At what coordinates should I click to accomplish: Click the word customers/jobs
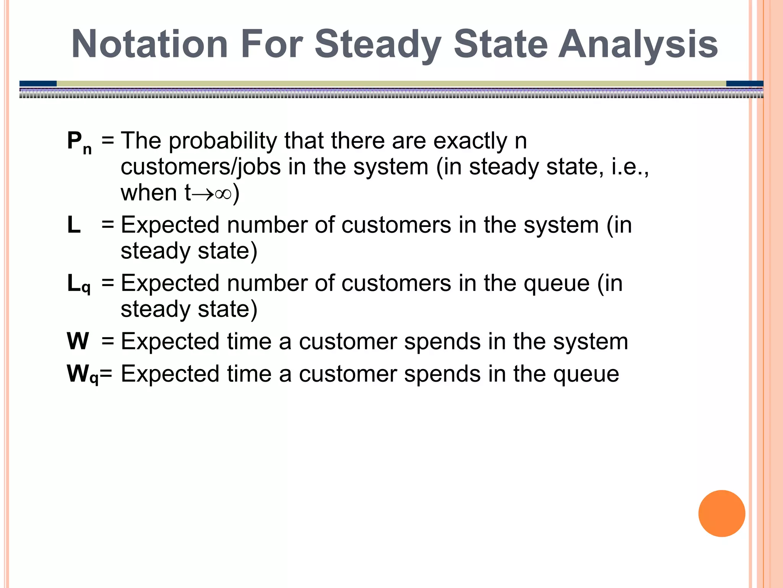tap(201, 168)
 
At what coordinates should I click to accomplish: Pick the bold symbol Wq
tap(82, 374)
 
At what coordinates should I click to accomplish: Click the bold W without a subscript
tap(78, 341)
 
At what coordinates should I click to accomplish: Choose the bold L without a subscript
tap(74, 225)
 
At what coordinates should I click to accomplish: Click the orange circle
tap(721, 513)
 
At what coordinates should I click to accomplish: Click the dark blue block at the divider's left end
tap(38, 83)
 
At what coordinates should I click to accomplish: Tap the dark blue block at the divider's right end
tap(744, 83)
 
